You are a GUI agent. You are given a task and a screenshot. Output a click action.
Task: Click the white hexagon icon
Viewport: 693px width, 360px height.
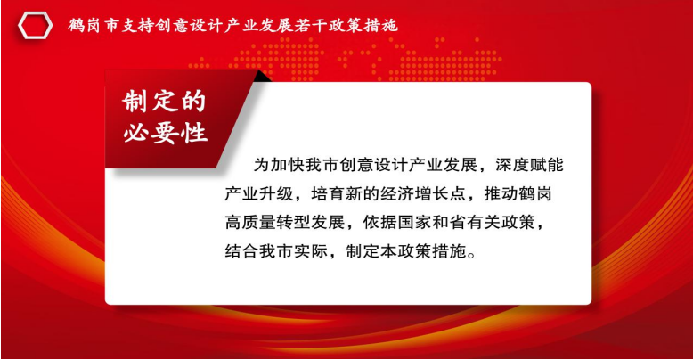[36, 26]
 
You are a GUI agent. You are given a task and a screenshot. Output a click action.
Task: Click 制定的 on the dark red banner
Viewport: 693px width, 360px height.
[164, 102]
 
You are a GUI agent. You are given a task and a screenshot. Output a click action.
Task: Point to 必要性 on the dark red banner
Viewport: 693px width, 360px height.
[165, 133]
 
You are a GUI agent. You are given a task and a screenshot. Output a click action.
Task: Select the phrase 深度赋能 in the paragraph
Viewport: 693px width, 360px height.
[529, 165]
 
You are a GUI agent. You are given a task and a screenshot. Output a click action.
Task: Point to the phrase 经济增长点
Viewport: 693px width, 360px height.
[423, 193]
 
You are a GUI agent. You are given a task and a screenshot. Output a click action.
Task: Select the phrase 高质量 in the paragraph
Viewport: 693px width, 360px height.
[250, 223]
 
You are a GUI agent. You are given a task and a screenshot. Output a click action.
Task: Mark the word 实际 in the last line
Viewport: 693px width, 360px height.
[311, 251]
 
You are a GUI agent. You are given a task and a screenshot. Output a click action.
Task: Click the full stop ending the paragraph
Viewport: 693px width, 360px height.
[471, 255]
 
